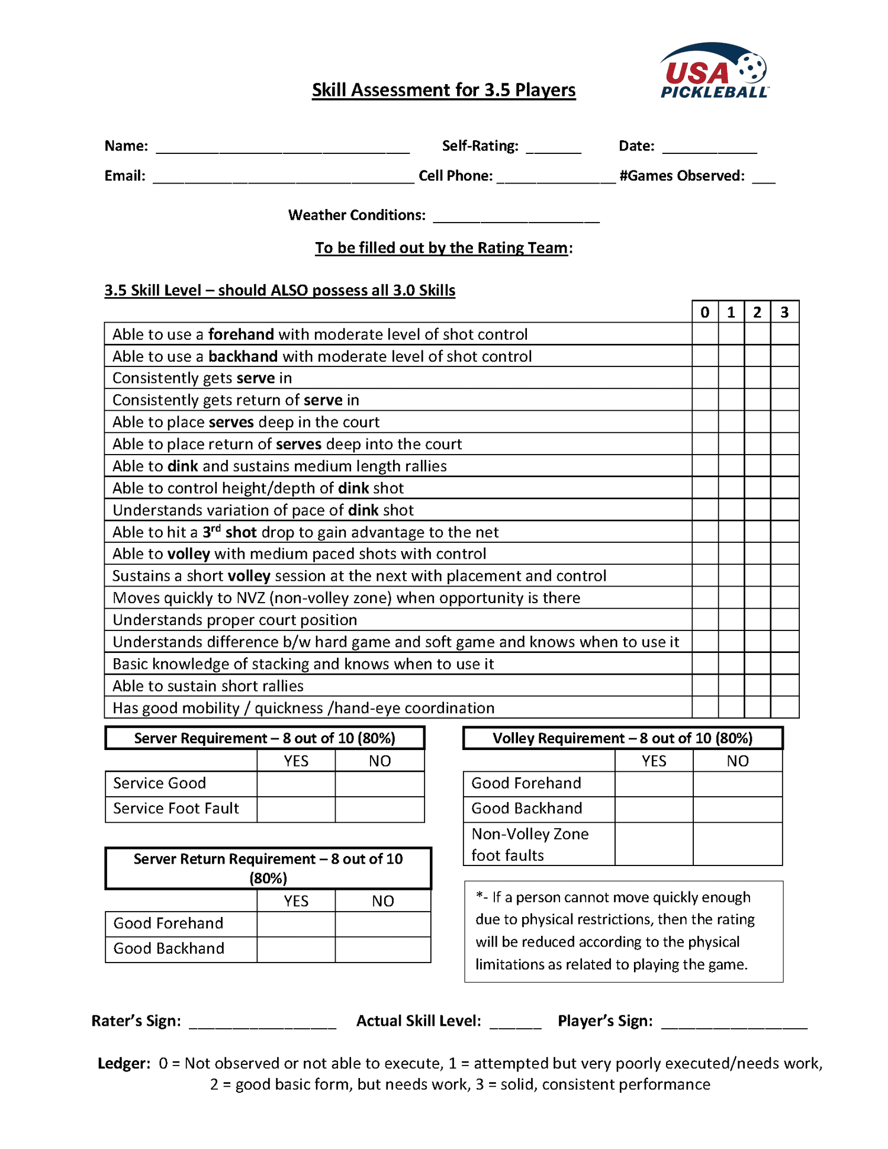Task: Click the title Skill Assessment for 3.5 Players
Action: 443,90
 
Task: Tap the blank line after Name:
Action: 282,148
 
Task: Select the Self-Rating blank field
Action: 553,148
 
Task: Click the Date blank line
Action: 709,148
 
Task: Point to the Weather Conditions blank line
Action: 516,217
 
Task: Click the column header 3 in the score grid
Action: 784,312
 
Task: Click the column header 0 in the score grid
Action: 704,312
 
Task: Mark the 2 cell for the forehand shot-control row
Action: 757,334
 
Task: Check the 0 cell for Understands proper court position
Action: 704,620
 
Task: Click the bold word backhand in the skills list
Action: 243,356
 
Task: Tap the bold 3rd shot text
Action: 229,532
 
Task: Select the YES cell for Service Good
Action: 296,783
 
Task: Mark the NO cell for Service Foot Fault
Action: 379,809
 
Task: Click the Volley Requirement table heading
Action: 622,738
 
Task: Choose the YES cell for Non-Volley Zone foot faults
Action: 654,844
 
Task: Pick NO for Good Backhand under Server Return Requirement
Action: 382,949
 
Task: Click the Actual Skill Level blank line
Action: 515,1024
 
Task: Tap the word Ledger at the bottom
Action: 124,1063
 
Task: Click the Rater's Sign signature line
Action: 262,1024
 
